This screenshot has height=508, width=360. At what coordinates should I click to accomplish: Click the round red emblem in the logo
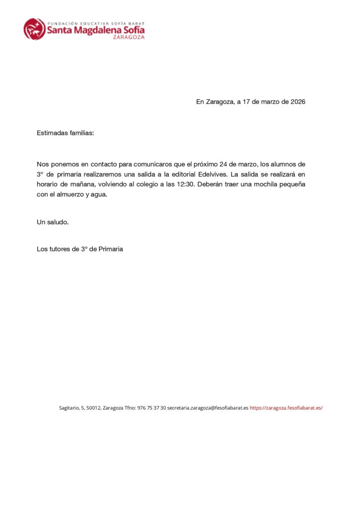click(34, 29)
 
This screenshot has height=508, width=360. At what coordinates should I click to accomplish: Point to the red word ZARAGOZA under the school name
click(129, 38)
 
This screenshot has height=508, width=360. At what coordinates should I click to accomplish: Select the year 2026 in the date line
click(297, 102)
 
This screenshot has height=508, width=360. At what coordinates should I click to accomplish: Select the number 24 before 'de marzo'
click(224, 164)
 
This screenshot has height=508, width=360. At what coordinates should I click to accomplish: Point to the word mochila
click(266, 185)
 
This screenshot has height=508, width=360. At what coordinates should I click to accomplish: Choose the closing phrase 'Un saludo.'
click(53, 222)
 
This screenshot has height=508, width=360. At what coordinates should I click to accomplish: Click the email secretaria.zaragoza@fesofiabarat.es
click(208, 408)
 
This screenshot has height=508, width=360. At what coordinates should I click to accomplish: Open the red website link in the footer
click(286, 408)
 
